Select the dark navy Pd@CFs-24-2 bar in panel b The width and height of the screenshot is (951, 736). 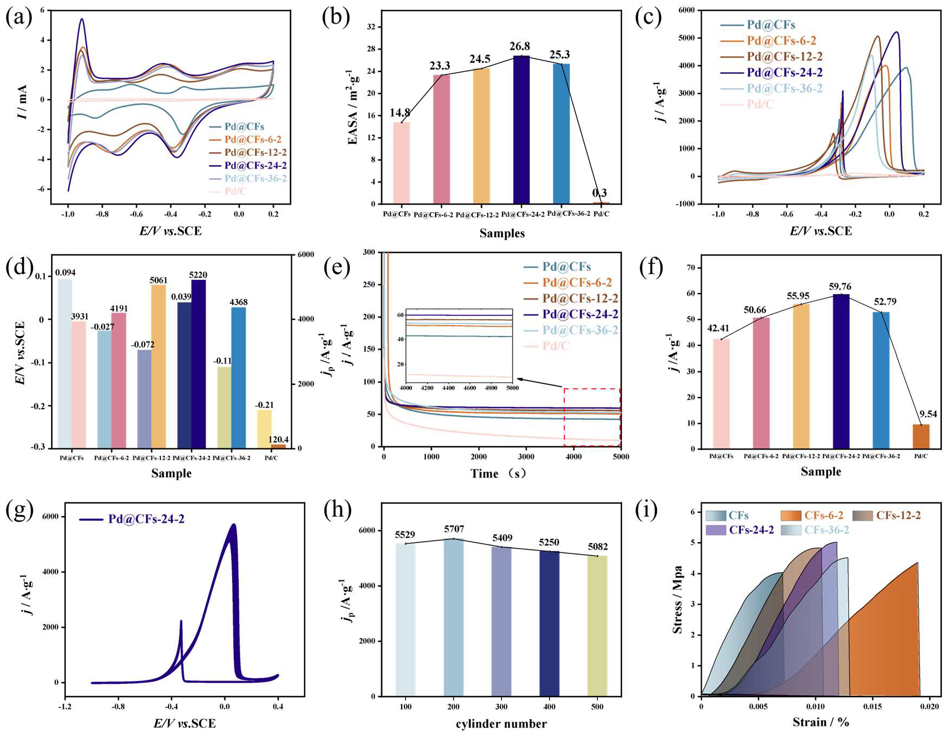521,129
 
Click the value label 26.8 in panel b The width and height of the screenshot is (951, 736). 520,47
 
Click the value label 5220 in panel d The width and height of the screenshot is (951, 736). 198,275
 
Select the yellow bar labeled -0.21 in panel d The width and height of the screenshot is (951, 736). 264,429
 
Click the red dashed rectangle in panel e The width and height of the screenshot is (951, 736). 592,417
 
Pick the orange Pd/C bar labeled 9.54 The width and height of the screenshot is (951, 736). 920,436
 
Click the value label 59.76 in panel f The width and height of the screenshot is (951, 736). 841,287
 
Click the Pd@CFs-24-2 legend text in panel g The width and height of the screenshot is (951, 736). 146,519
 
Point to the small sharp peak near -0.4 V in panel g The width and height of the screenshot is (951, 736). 181,622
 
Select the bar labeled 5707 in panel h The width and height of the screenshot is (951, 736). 453,616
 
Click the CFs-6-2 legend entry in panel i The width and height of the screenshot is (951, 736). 823,515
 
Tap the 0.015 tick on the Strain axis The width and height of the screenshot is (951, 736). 872,706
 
